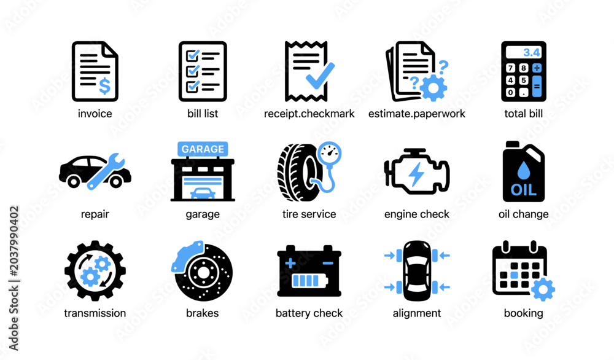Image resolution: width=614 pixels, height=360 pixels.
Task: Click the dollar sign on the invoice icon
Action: click(x=104, y=86)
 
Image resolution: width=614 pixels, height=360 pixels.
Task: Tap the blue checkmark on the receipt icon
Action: click(x=320, y=76)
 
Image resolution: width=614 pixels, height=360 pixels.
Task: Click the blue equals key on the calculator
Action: click(x=537, y=86)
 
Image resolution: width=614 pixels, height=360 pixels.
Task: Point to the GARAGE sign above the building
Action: click(x=203, y=149)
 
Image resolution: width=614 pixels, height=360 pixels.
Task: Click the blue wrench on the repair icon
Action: click(x=106, y=171)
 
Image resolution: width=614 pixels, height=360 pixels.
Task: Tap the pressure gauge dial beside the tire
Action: click(x=329, y=153)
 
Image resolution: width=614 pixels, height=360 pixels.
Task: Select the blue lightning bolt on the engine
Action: click(x=416, y=173)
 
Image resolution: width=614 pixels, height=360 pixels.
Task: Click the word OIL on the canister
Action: click(x=523, y=190)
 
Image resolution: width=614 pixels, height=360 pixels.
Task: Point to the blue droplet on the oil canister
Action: click(x=523, y=170)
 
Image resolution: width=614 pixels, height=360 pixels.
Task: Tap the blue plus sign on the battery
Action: click(x=290, y=263)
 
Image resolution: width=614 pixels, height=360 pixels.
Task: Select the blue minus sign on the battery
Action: click(x=328, y=263)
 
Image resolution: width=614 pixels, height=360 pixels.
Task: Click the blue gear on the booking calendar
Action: click(x=542, y=289)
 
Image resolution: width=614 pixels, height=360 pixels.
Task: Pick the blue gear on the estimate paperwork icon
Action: click(x=433, y=88)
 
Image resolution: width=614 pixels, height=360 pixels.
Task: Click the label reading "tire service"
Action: click(x=309, y=214)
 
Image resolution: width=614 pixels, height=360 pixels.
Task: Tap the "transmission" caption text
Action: click(x=95, y=313)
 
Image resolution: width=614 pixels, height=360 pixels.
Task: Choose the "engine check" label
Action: click(x=417, y=214)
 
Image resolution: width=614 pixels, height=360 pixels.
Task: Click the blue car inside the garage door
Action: click(x=203, y=194)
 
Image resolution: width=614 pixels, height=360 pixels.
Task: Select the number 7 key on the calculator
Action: click(x=510, y=68)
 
